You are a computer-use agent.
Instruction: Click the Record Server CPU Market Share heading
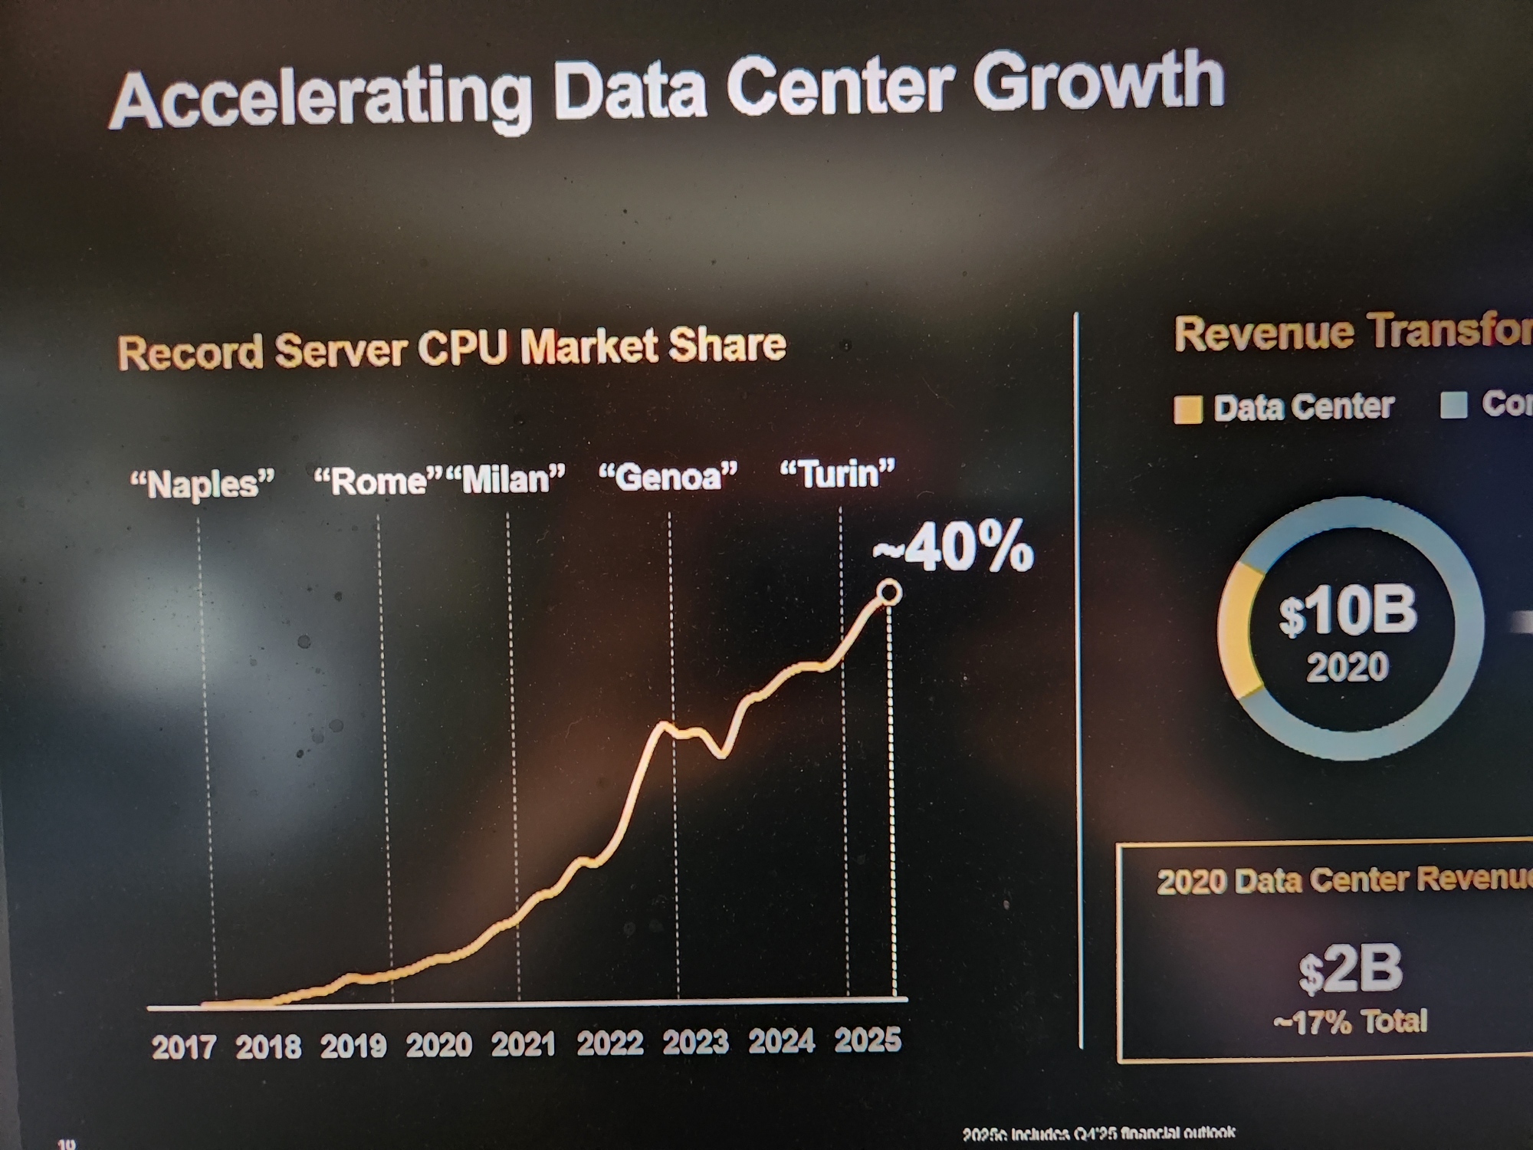pyautogui.click(x=452, y=349)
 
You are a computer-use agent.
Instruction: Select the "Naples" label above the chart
pyautogui.click(x=202, y=484)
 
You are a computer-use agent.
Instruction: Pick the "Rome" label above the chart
pyautogui.click(x=378, y=481)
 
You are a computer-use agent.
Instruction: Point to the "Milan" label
pyautogui.click(x=506, y=479)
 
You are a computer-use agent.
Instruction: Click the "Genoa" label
pyautogui.click(x=668, y=476)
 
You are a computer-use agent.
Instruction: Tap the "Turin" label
pyautogui.click(x=837, y=474)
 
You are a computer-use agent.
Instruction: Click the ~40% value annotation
pyautogui.click(x=954, y=548)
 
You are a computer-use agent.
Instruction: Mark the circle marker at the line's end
pyautogui.click(x=889, y=593)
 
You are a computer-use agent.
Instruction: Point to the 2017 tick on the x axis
pyautogui.click(x=183, y=1047)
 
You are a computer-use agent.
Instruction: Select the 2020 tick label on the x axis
pyautogui.click(x=438, y=1045)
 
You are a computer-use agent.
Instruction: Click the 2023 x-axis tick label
pyautogui.click(x=695, y=1043)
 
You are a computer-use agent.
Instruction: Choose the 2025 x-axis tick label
pyautogui.click(x=867, y=1040)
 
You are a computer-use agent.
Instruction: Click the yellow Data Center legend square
pyautogui.click(x=1187, y=409)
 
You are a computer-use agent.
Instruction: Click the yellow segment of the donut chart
pyautogui.click(x=1236, y=632)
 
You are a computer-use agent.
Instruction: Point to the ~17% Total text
pyautogui.click(x=1351, y=1022)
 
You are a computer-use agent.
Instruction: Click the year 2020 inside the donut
pyautogui.click(x=1348, y=667)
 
